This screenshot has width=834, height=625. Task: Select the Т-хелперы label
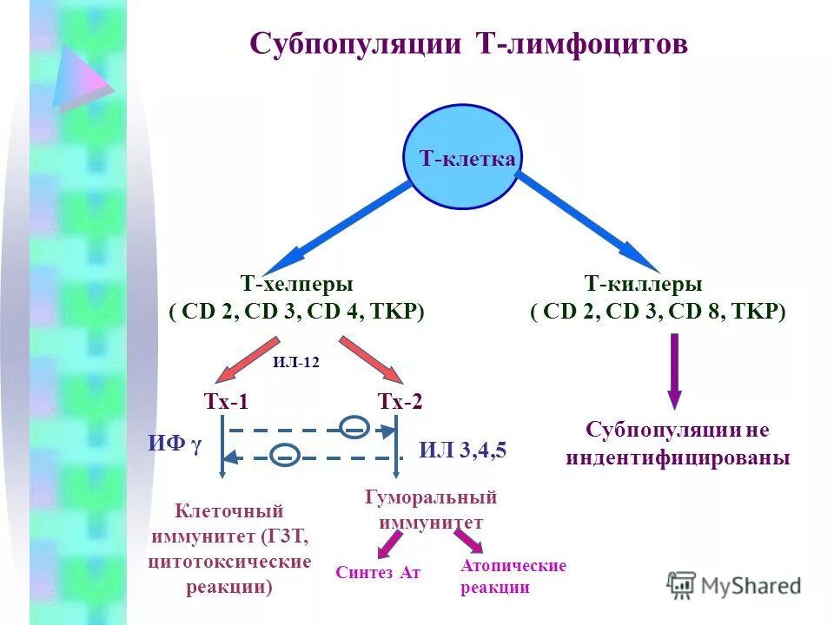click(x=296, y=284)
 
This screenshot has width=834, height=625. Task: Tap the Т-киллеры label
click(x=643, y=284)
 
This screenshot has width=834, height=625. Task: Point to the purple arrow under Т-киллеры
click(x=674, y=370)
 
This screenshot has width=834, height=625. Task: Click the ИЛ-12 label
click(x=295, y=363)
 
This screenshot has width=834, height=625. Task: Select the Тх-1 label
click(x=226, y=401)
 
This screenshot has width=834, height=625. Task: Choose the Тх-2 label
click(x=400, y=401)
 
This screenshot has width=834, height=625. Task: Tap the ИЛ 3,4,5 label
click(x=462, y=450)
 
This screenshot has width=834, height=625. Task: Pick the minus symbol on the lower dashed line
click(x=286, y=454)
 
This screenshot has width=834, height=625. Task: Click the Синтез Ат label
click(x=378, y=573)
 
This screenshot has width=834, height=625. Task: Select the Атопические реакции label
click(x=513, y=576)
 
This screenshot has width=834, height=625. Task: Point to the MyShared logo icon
click(x=682, y=585)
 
